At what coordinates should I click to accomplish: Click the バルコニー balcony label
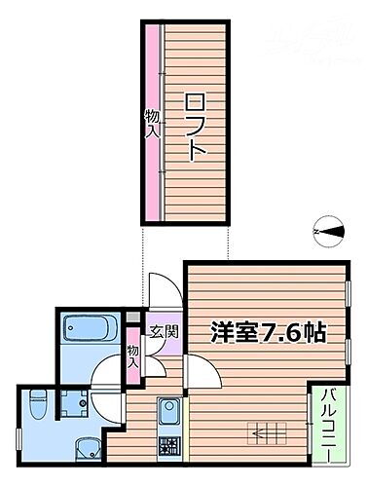tap(329, 425)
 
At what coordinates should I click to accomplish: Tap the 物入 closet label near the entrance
tap(133, 356)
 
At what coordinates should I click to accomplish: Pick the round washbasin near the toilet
tap(87, 449)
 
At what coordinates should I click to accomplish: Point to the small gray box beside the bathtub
tap(133, 318)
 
